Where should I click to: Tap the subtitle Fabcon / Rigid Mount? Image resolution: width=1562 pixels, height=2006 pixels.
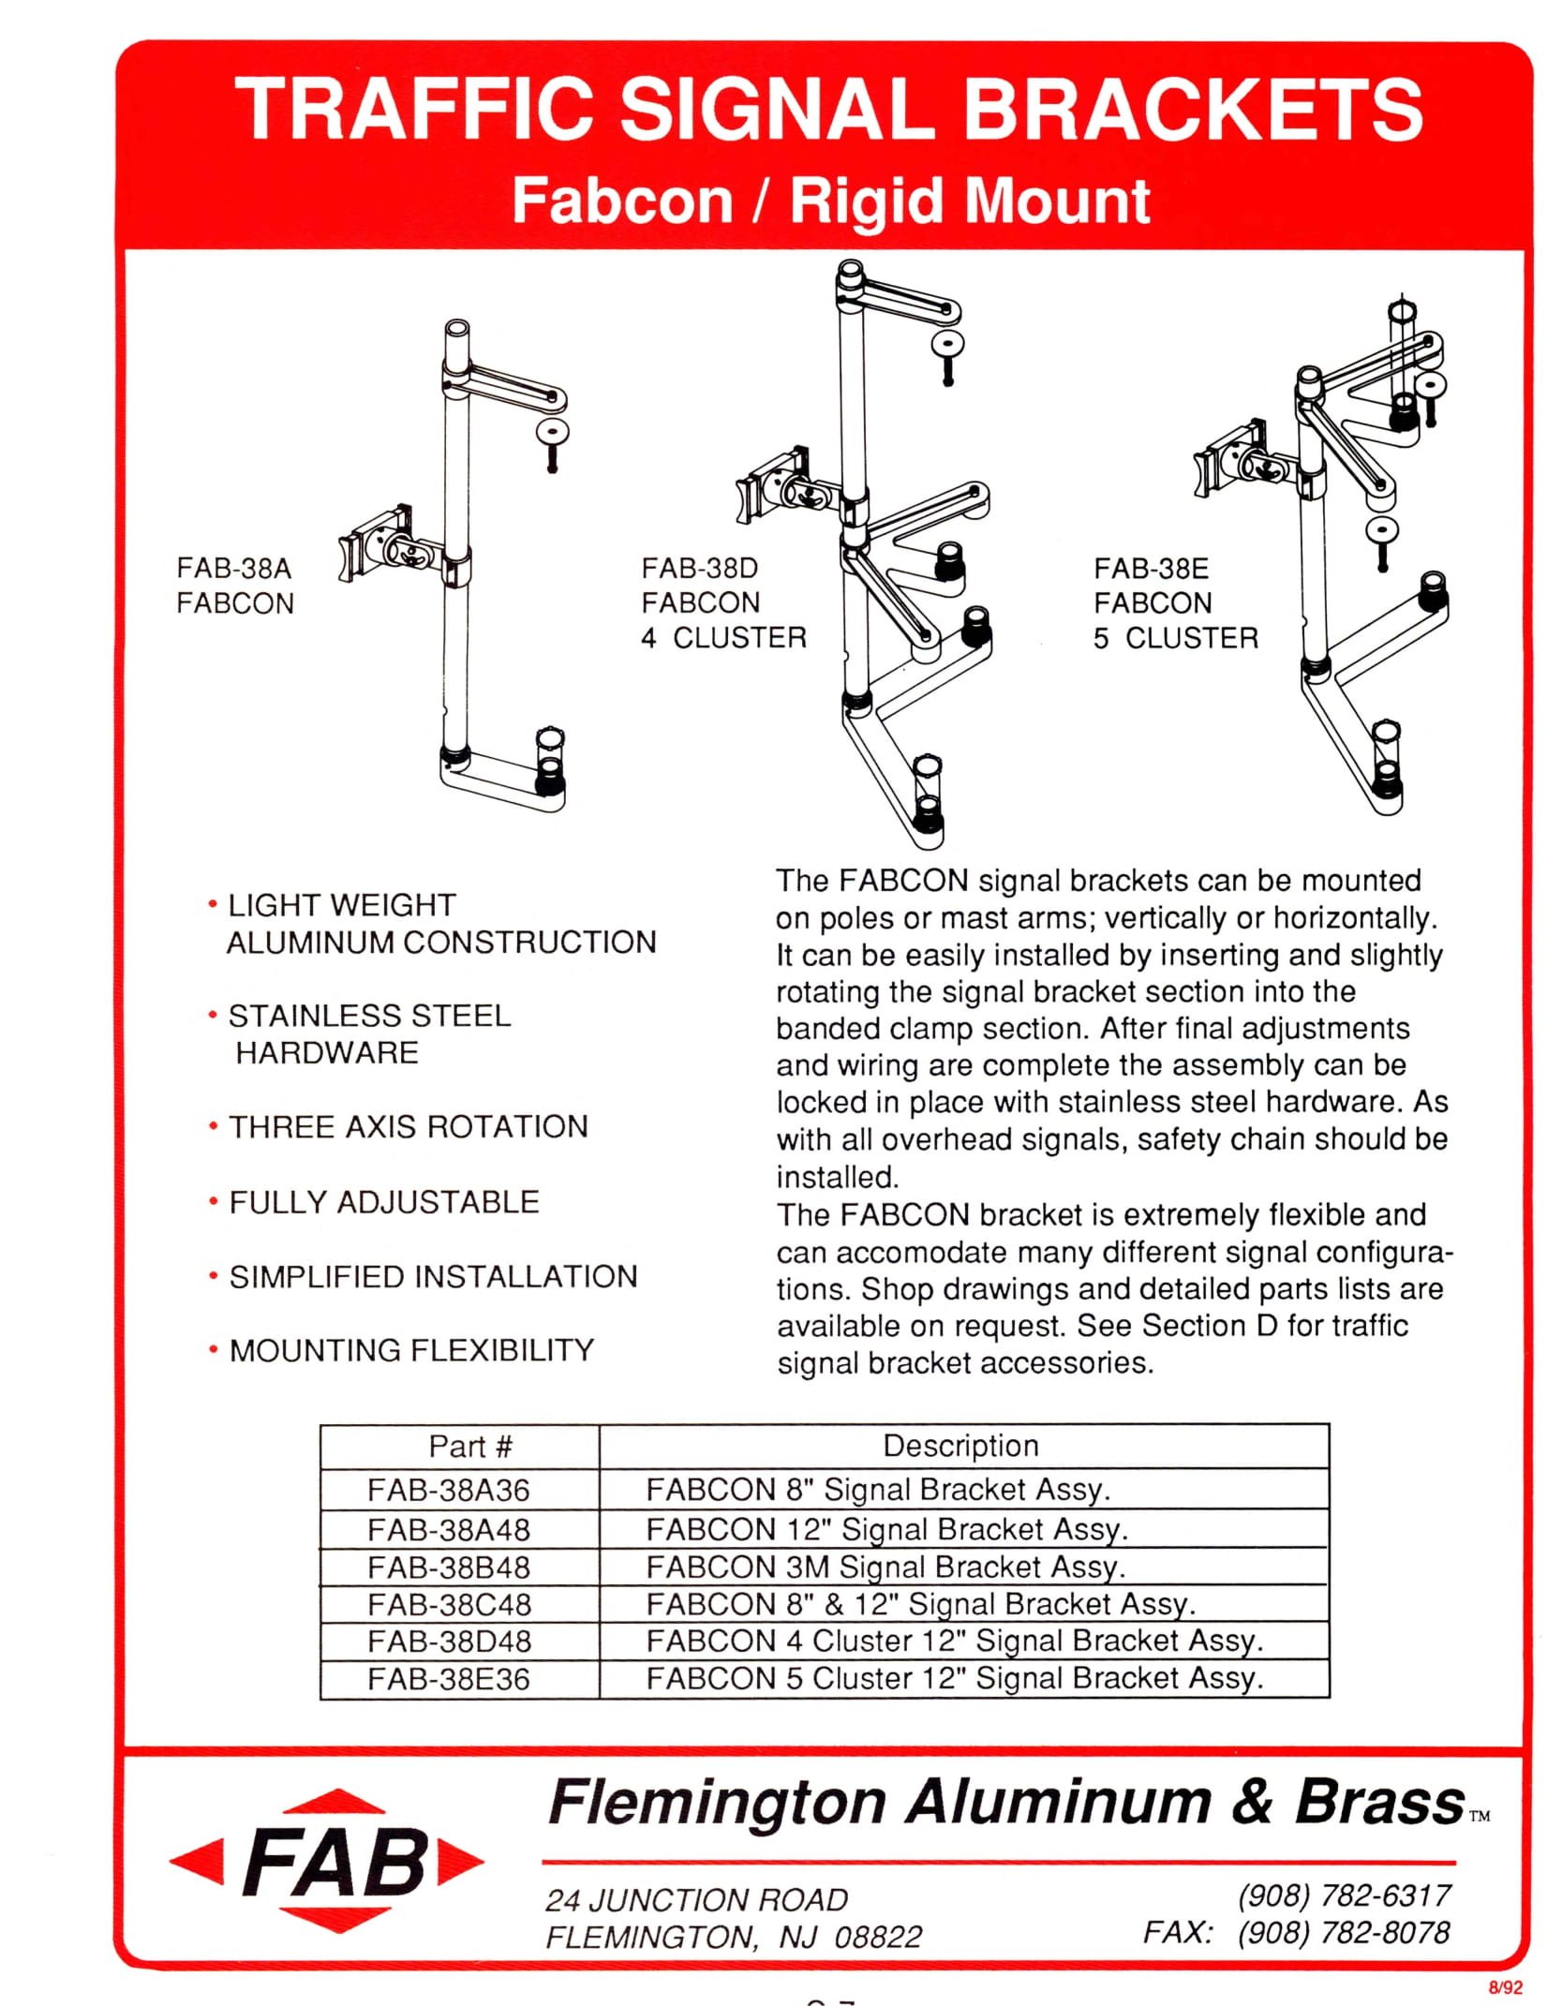coord(830,201)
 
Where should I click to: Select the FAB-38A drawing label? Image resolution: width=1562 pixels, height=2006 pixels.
coord(234,586)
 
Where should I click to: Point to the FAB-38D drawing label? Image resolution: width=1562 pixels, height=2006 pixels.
coord(723,602)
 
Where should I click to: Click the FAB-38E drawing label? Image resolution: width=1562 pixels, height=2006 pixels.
coord(1175,602)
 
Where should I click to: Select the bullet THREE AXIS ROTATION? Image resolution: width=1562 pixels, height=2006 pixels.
coord(409,1126)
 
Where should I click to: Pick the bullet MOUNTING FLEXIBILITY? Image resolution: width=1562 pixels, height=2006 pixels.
coord(411,1350)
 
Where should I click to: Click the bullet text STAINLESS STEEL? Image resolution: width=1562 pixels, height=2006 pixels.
coord(369,1016)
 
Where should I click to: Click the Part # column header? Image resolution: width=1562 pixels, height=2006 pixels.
coord(470,1446)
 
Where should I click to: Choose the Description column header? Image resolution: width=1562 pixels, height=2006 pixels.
coord(960,1446)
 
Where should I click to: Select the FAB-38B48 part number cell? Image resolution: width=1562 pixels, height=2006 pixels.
coord(449,1567)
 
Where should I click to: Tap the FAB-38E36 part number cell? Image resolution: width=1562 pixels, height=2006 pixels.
coord(449,1678)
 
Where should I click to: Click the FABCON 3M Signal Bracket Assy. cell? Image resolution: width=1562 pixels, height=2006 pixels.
coord(885,1567)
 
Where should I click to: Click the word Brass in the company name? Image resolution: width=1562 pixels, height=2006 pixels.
coord(1379,1802)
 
